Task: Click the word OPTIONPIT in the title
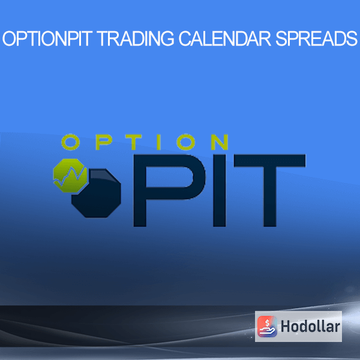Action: (x=47, y=38)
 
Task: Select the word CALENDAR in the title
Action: (x=225, y=38)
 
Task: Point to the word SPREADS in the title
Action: (x=316, y=38)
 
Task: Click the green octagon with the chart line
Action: (x=70, y=175)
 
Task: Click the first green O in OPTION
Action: (x=70, y=142)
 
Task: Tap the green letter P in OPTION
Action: (x=104, y=142)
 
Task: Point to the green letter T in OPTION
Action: (x=134, y=142)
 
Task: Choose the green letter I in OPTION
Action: (x=158, y=142)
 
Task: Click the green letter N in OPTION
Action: (x=220, y=142)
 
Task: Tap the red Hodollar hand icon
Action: (x=267, y=326)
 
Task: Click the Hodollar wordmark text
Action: (x=310, y=326)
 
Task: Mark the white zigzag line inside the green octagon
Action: (x=69, y=177)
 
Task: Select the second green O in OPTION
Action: (x=186, y=142)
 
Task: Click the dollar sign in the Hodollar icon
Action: (x=267, y=323)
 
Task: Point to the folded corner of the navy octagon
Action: (x=101, y=175)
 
